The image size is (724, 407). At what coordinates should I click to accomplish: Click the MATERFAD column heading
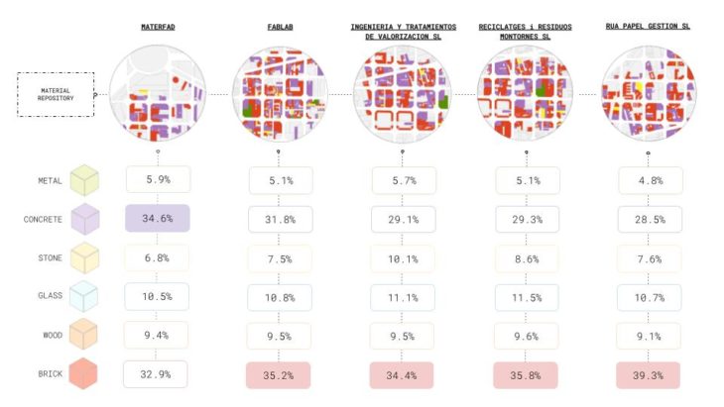coord(158,27)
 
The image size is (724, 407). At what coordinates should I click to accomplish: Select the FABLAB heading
coord(280,27)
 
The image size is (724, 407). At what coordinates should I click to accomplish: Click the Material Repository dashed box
coord(56,95)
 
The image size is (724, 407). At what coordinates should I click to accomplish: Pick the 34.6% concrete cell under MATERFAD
coord(158,218)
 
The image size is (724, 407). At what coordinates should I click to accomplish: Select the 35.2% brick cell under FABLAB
coord(280,375)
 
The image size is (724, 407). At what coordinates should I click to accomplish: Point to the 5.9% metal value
coord(158,179)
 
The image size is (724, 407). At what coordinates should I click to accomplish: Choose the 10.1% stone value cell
coord(403,258)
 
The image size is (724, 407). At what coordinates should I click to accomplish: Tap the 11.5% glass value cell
coord(526,298)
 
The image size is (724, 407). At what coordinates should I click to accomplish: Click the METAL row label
coord(51,181)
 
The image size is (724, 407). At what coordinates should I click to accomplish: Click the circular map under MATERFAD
coord(158,94)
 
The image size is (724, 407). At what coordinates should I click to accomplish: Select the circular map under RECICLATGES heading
coord(526,94)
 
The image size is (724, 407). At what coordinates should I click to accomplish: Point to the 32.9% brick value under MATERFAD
coord(158,374)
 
